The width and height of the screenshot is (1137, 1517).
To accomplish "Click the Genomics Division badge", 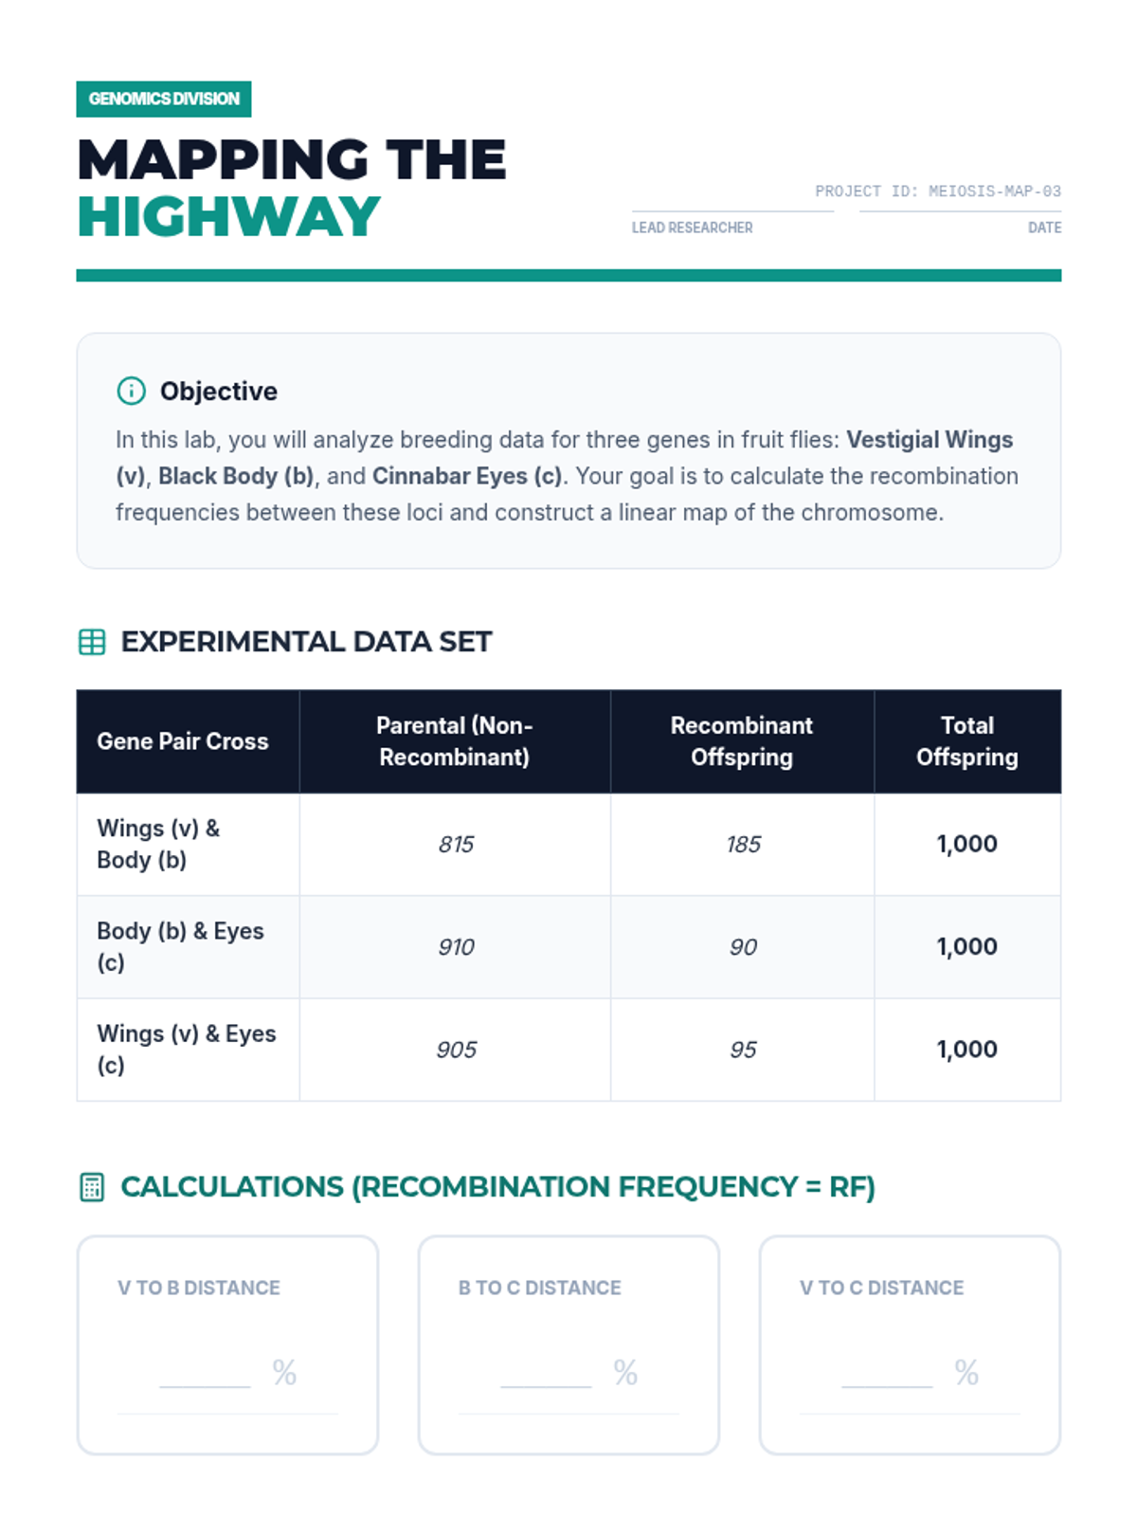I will tap(164, 99).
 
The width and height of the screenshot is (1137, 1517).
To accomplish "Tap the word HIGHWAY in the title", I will tap(228, 216).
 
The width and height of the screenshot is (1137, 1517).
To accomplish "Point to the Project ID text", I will tap(937, 192).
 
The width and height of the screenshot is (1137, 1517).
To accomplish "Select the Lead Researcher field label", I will tap(692, 228).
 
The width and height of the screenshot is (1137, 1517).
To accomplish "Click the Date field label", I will tap(1044, 228).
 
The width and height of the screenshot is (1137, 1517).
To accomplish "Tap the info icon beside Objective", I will tap(131, 391).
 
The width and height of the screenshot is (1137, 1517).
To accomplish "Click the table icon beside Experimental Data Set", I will tap(92, 642).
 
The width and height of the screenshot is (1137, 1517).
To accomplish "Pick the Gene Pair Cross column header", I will tap(182, 741).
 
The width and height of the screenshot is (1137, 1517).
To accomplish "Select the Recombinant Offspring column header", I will tap(741, 741).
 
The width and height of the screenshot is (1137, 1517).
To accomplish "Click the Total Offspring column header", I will tap(966, 741).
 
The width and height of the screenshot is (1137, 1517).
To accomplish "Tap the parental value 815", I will tap(456, 844).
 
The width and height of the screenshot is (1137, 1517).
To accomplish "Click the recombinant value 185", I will tap(743, 844).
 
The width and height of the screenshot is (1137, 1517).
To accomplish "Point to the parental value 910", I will tap(456, 947).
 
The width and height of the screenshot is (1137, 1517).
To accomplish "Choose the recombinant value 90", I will tap(743, 947).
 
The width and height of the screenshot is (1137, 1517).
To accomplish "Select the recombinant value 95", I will tap(743, 1050).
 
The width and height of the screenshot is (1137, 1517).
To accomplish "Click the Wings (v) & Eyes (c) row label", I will tap(186, 1049).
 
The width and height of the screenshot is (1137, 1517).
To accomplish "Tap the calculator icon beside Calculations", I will tap(92, 1187).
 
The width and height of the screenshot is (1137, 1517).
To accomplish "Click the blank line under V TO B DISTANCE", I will tap(205, 1381).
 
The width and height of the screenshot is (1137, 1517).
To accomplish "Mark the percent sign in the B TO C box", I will tap(625, 1372).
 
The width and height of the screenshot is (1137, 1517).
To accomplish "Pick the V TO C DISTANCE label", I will tap(881, 1288).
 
